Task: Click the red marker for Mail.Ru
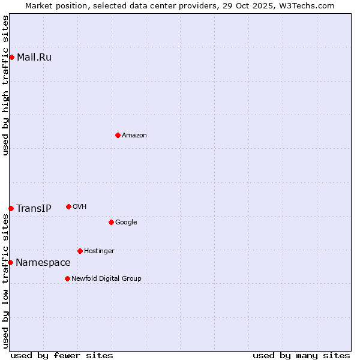[11, 57]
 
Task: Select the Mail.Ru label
[34, 58]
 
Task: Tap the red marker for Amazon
[118, 135]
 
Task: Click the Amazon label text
[134, 136]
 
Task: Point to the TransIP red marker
[11, 208]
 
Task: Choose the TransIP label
[34, 209]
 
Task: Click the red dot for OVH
[68, 206]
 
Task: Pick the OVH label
[80, 207]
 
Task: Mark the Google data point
[111, 222]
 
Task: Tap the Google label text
[126, 223]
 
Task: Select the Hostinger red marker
[80, 251]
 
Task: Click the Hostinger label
[99, 251]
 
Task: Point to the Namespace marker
[10, 262]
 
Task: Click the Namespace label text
[43, 263]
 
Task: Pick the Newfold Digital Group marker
[67, 278]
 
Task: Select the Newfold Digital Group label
[106, 279]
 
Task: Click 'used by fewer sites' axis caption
[62, 356]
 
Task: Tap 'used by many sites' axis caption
[301, 356]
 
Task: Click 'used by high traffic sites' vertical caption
[5, 86]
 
